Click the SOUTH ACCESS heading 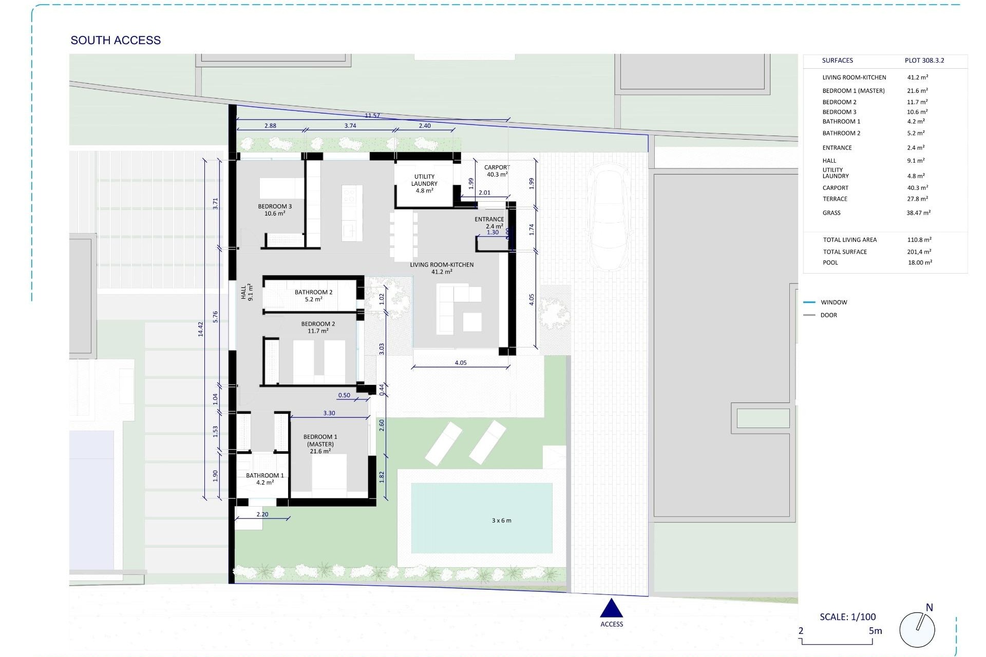[x=116, y=40]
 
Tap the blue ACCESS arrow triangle [x=611, y=609]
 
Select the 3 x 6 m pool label [x=501, y=520]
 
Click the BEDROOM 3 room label [x=275, y=210]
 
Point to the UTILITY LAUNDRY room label [x=424, y=183]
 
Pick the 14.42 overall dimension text [x=201, y=329]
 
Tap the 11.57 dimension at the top [x=372, y=115]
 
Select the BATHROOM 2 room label [x=313, y=296]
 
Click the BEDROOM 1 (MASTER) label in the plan [x=320, y=444]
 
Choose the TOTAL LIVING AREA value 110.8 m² [x=919, y=240]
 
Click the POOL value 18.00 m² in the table [x=919, y=262]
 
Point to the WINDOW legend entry [x=833, y=302]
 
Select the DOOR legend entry [x=828, y=315]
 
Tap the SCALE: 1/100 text [x=847, y=617]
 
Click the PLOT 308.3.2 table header [x=924, y=61]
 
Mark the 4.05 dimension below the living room [x=461, y=363]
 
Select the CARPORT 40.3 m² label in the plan [x=497, y=171]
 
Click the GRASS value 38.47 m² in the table [x=918, y=212]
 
